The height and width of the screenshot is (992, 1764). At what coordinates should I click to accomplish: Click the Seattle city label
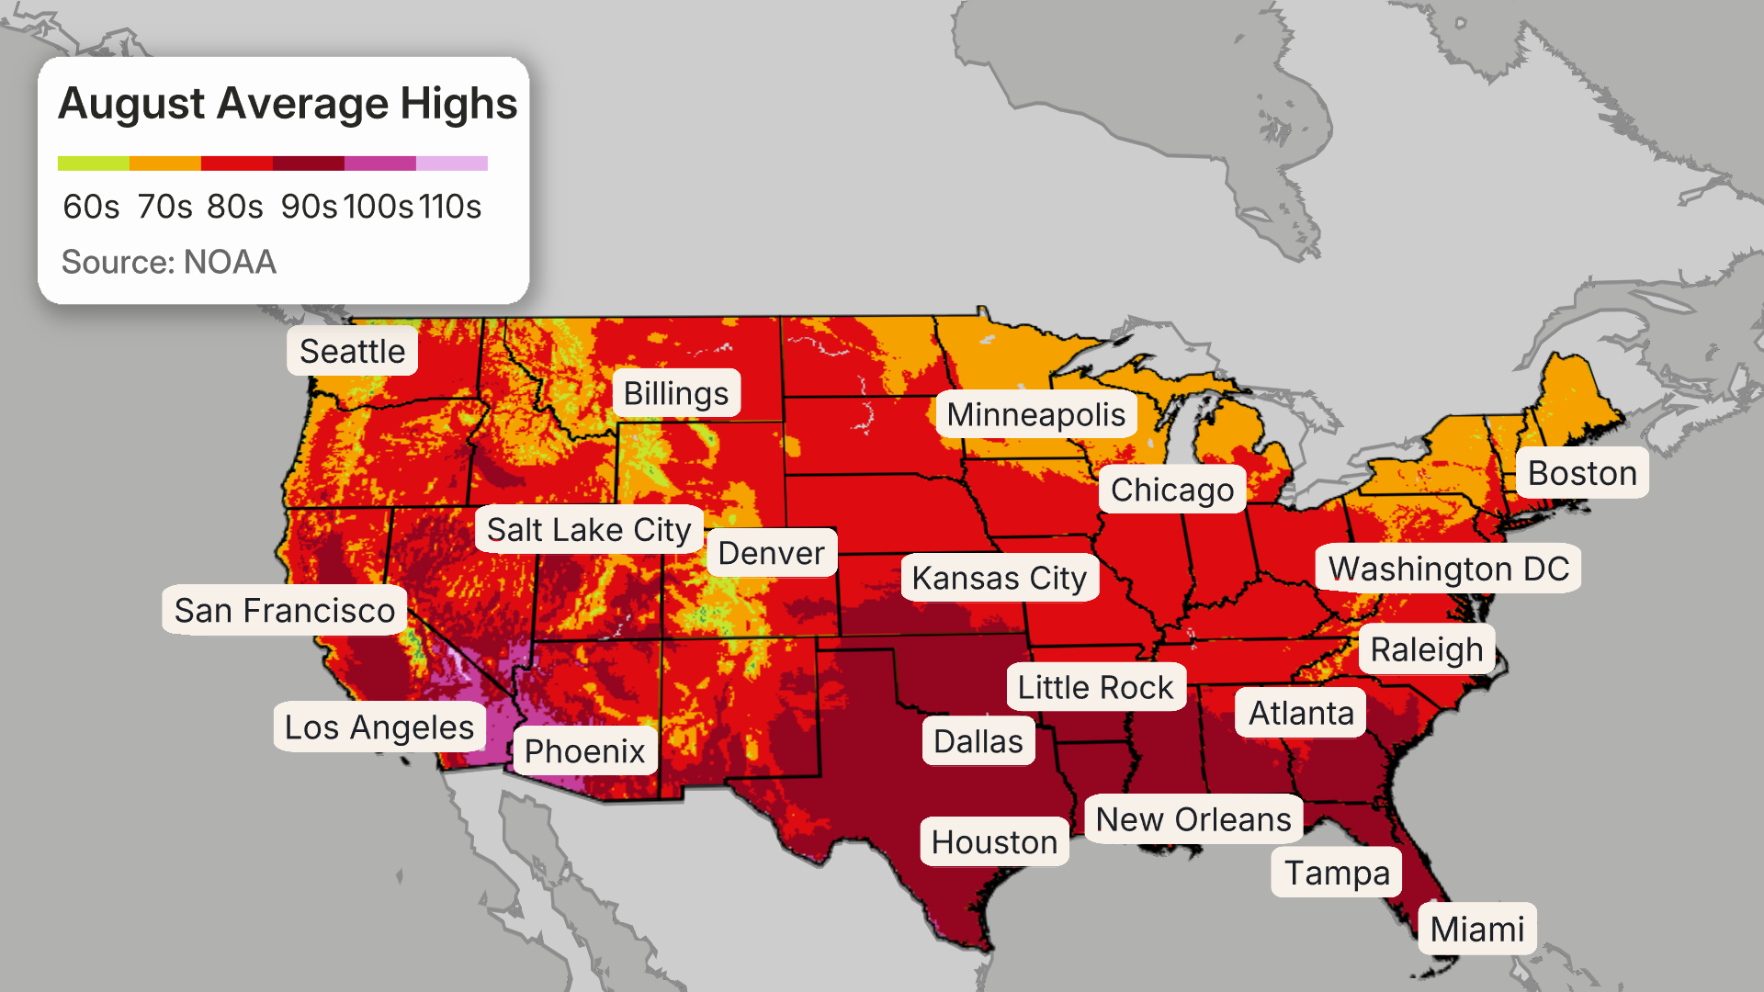coord(352,351)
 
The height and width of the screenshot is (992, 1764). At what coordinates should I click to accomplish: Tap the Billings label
coord(676,393)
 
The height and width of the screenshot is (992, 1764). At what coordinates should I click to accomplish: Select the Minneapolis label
coord(1035,414)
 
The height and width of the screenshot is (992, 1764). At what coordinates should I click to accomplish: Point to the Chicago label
coord(1171,490)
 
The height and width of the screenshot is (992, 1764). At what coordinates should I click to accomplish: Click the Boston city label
coord(1581,473)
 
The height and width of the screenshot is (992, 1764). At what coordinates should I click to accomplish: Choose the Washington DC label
coord(1448,569)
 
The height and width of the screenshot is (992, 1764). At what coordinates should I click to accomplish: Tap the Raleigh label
coord(1426,649)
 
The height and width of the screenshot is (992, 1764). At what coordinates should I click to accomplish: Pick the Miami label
coord(1476,929)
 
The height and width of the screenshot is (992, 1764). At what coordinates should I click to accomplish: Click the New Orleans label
coord(1193,819)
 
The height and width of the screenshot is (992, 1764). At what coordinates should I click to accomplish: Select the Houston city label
coord(994,841)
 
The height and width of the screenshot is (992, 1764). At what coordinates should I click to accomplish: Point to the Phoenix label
coord(584,750)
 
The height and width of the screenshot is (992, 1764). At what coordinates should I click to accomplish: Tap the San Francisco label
coord(284,610)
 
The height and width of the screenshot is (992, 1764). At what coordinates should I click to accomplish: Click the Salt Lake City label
coord(588,529)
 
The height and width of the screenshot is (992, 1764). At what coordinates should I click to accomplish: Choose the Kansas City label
coord(999,578)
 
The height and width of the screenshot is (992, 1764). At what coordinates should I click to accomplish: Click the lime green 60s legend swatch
coord(93,163)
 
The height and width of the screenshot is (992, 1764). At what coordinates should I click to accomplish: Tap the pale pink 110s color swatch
coord(451,163)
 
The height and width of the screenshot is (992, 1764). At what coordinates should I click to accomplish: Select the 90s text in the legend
coord(309,207)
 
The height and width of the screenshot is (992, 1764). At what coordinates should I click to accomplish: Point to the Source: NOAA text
coord(168,262)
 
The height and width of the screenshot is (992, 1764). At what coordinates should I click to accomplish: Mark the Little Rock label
coord(1095,687)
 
